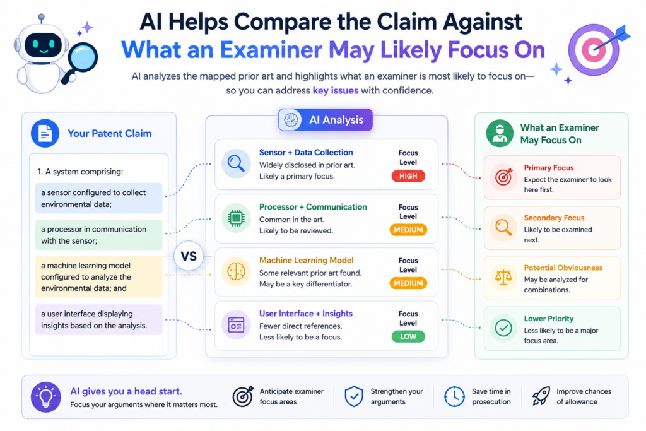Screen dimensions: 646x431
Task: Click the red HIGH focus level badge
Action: pyautogui.click(x=408, y=176)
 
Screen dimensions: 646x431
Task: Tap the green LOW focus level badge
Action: pyautogui.click(x=408, y=336)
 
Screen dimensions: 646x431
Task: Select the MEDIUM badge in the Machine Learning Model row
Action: pyautogui.click(x=408, y=283)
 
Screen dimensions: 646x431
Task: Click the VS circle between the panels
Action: pyautogui.click(x=189, y=256)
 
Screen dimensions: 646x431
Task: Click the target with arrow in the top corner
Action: pyautogui.click(x=597, y=49)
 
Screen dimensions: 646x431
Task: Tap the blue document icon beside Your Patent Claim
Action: pyautogui.click(x=45, y=133)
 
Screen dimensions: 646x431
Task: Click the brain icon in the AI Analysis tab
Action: pyautogui.click(x=291, y=120)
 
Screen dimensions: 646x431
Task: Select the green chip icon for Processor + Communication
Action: pyautogui.click(x=236, y=218)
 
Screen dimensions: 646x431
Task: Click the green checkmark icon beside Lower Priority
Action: pyautogui.click(x=503, y=328)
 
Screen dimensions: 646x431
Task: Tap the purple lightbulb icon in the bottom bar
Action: pyautogui.click(x=45, y=397)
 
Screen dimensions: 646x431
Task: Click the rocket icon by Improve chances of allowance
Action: pyautogui.click(x=541, y=396)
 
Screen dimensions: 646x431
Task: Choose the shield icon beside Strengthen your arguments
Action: pyautogui.click(x=354, y=396)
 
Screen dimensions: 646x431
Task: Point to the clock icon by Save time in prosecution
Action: pyautogui.click(x=454, y=396)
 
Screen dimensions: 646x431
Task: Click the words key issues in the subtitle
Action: pyautogui.click(x=336, y=90)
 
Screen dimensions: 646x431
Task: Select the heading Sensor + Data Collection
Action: pyautogui.click(x=306, y=153)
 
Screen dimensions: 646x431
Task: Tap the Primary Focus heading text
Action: pyautogui.click(x=549, y=168)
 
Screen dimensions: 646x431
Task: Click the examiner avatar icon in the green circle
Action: pyautogui.click(x=500, y=134)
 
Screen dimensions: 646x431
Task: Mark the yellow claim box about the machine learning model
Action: pyautogui.click(x=99, y=277)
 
